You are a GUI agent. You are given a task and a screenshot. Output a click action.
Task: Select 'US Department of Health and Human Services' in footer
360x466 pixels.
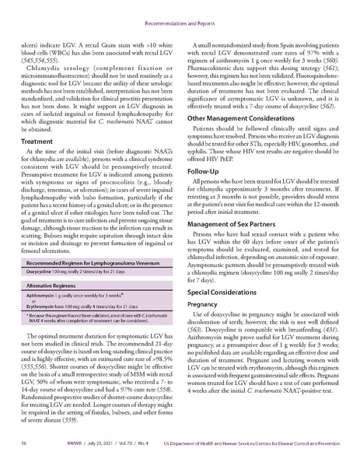[233, 453]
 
